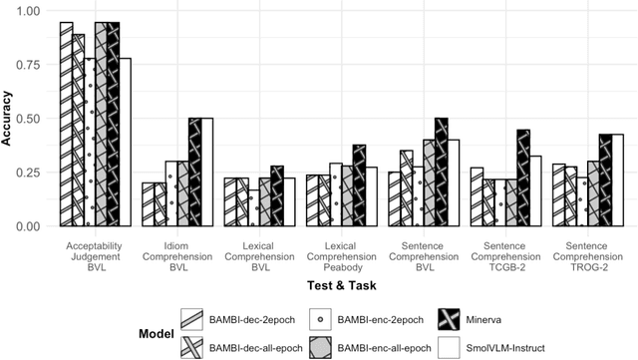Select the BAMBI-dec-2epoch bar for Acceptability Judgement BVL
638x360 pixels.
tap(66, 124)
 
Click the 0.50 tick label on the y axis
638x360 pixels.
tap(29, 119)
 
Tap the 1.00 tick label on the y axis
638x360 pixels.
tap(29, 11)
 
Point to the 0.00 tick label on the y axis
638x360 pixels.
tap(29, 226)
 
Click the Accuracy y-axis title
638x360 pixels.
tap(8, 119)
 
